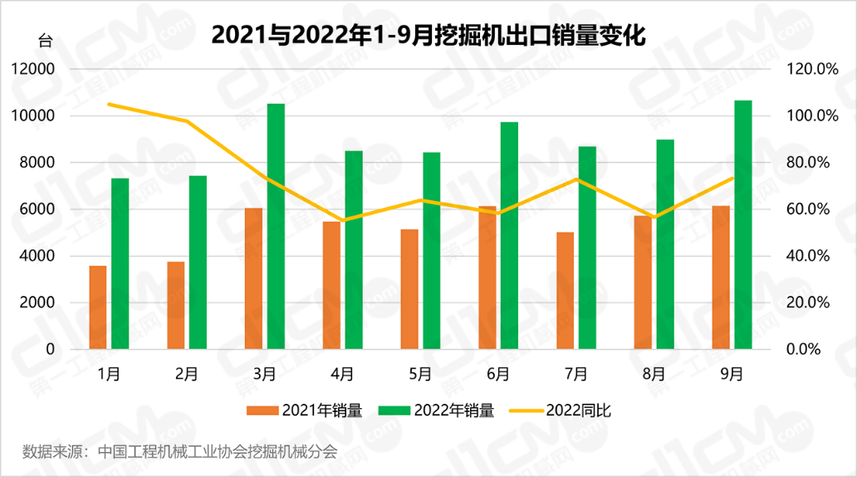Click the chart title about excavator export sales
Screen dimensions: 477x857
pos(428,35)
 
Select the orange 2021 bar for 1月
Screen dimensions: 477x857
pos(98,307)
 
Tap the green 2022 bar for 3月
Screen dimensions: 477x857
pos(276,226)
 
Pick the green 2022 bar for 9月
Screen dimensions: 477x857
pos(743,224)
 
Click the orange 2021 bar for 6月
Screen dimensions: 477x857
pos(487,278)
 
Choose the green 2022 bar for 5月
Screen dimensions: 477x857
pos(432,250)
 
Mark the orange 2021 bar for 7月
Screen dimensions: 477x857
pos(566,290)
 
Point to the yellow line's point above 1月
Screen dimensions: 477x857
pos(110,104)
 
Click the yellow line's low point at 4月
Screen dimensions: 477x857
pos(343,221)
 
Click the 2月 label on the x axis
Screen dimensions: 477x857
pos(186,374)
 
